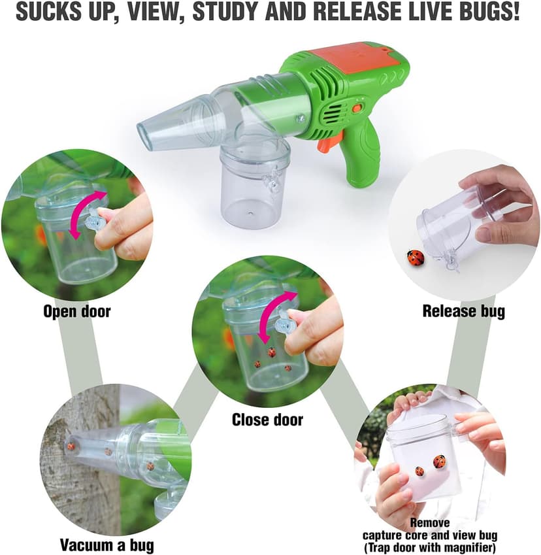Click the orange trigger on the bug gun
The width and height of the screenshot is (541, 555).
pyautogui.click(x=323, y=143)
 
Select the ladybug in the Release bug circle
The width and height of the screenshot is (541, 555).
pyautogui.click(x=415, y=258)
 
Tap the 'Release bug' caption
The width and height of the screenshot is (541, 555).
pyautogui.click(x=464, y=311)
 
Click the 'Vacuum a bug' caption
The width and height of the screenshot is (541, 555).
pyautogui.click(x=108, y=544)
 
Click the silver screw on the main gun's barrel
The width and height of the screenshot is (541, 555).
pyautogui.click(x=300, y=118)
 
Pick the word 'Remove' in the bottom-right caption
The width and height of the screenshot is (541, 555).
pyautogui.click(x=429, y=522)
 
